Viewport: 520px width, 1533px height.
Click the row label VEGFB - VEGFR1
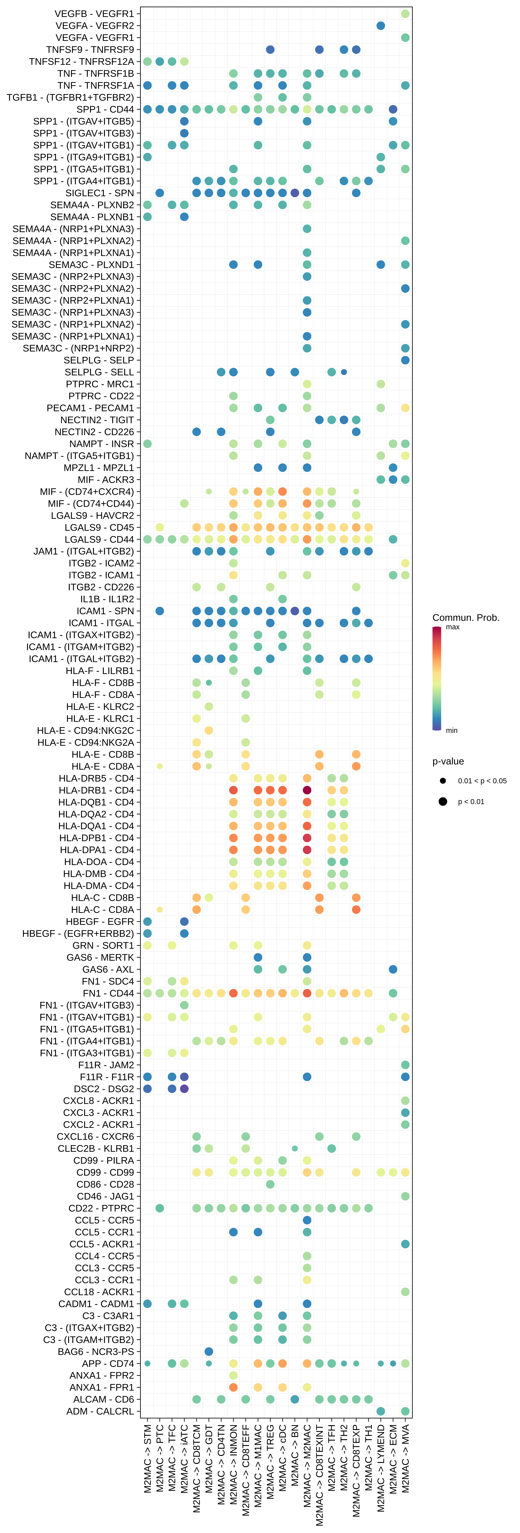click(94, 14)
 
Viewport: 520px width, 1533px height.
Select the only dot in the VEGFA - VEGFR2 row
click(381, 26)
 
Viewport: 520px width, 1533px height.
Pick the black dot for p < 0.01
click(443, 802)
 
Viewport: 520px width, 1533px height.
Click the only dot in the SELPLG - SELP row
click(405, 360)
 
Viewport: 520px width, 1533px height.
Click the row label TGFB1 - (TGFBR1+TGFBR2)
click(70, 97)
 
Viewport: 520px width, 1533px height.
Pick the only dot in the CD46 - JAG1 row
click(405, 1196)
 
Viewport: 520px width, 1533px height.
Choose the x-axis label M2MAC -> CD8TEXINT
click(319, 1474)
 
